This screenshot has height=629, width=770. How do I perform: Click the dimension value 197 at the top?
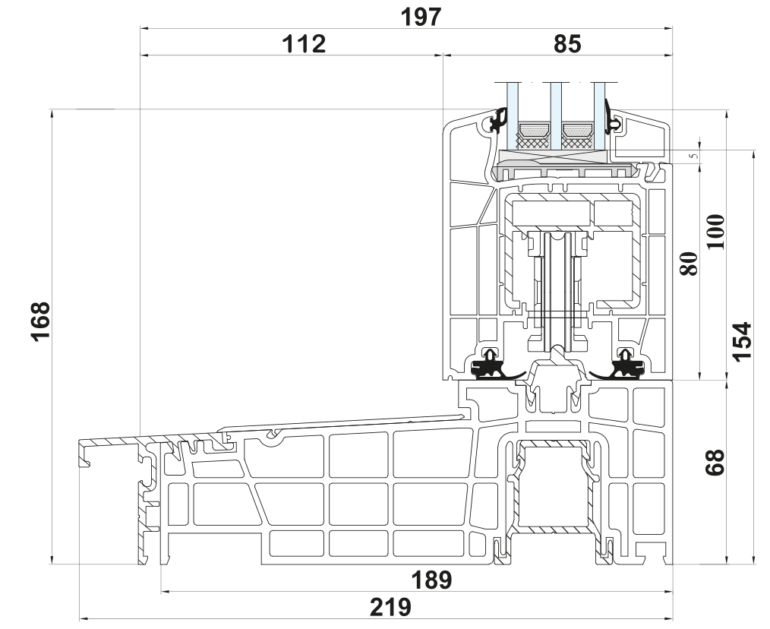coord(423,17)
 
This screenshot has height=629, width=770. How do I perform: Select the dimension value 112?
coord(303,44)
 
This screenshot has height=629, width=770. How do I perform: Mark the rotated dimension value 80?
coord(688,265)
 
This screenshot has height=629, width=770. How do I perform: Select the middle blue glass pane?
coord(555,114)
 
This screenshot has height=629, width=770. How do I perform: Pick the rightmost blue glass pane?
coord(600,114)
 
